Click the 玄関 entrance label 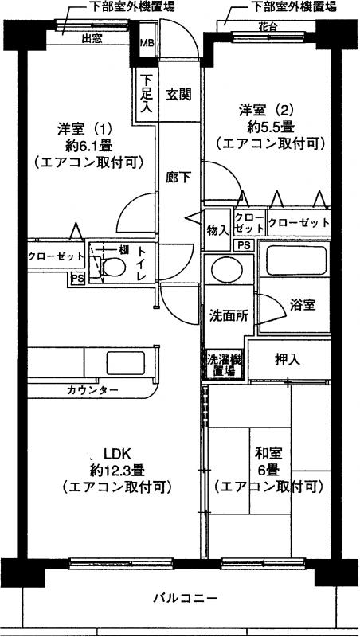178,95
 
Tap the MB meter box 147,42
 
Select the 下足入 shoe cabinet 146,95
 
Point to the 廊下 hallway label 178,178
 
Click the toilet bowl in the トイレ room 113,268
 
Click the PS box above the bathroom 244,245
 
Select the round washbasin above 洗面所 227,269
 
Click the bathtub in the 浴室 294,260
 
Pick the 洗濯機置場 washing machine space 224,365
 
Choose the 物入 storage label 217,230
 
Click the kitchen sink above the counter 126,363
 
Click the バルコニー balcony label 186,598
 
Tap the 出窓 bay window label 92,39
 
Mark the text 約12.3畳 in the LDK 116,471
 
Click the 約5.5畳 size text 271,127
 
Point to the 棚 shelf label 123,248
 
